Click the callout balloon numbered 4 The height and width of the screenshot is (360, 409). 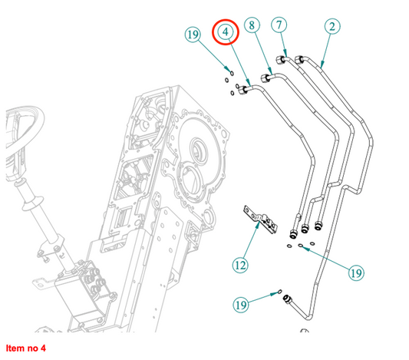point(226,31)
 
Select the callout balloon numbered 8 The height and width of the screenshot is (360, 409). point(252,25)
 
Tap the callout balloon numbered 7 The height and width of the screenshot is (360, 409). point(279,25)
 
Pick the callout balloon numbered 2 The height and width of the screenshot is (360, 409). point(332,26)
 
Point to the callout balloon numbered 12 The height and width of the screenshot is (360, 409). point(240,266)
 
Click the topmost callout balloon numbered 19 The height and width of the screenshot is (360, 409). point(193,35)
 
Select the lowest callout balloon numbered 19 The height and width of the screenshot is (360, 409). point(241,305)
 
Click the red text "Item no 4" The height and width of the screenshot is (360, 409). point(26,348)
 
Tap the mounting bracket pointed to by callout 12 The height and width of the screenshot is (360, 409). point(260,219)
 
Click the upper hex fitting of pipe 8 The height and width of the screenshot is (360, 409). point(266,78)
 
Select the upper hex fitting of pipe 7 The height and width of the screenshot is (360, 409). point(281,60)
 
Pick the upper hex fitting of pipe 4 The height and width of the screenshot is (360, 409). point(242,90)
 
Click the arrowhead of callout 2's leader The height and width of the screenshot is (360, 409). point(322,64)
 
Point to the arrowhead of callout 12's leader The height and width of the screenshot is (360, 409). point(258,225)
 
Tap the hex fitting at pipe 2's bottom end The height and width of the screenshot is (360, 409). point(286,299)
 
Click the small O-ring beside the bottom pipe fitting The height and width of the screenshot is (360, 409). point(279,291)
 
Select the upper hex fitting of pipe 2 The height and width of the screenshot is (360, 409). point(299,59)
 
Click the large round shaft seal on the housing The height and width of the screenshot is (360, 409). point(199,150)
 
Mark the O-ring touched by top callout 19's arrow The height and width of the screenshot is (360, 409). point(232,73)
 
